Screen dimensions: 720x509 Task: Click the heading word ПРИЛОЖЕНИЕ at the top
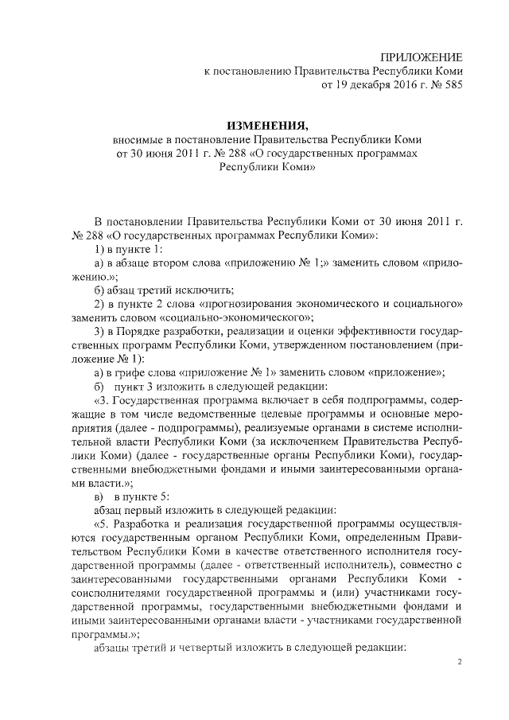pos(421,56)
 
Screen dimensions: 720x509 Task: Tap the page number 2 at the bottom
pos(459,662)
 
